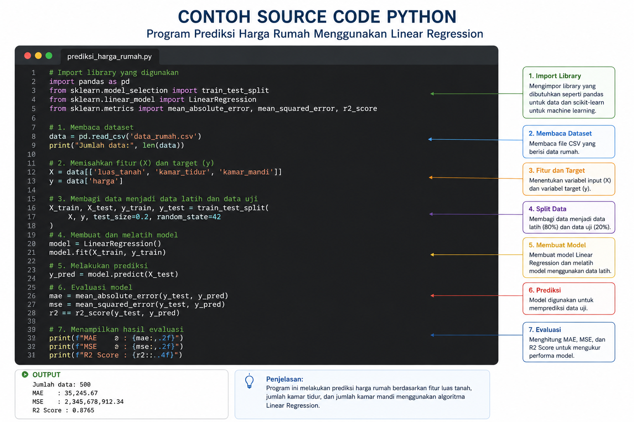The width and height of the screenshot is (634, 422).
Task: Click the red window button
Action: (x=28, y=56)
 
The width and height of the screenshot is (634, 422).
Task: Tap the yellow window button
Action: (x=38, y=56)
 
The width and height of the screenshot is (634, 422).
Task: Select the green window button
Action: (x=49, y=56)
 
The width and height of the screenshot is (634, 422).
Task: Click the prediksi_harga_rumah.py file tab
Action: (x=109, y=56)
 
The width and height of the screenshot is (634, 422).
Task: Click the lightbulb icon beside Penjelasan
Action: (x=249, y=381)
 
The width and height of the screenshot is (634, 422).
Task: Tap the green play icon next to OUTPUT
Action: (x=25, y=375)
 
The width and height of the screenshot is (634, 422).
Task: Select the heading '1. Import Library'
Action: (x=555, y=76)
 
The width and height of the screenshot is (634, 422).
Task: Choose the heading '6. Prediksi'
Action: (x=544, y=290)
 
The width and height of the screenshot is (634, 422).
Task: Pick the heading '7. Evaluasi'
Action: (x=544, y=330)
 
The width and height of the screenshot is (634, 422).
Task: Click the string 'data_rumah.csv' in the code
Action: (x=163, y=136)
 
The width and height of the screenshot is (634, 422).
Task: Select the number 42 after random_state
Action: (x=217, y=217)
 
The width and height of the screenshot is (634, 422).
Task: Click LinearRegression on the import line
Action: (x=222, y=99)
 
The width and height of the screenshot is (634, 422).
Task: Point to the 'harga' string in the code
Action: (x=104, y=181)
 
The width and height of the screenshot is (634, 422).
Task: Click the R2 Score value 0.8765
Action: (x=83, y=410)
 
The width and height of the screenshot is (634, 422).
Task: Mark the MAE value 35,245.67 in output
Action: (x=81, y=393)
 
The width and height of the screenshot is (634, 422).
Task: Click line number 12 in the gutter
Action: (x=31, y=172)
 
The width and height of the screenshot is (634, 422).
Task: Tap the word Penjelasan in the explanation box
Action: (x=284, y=379)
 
